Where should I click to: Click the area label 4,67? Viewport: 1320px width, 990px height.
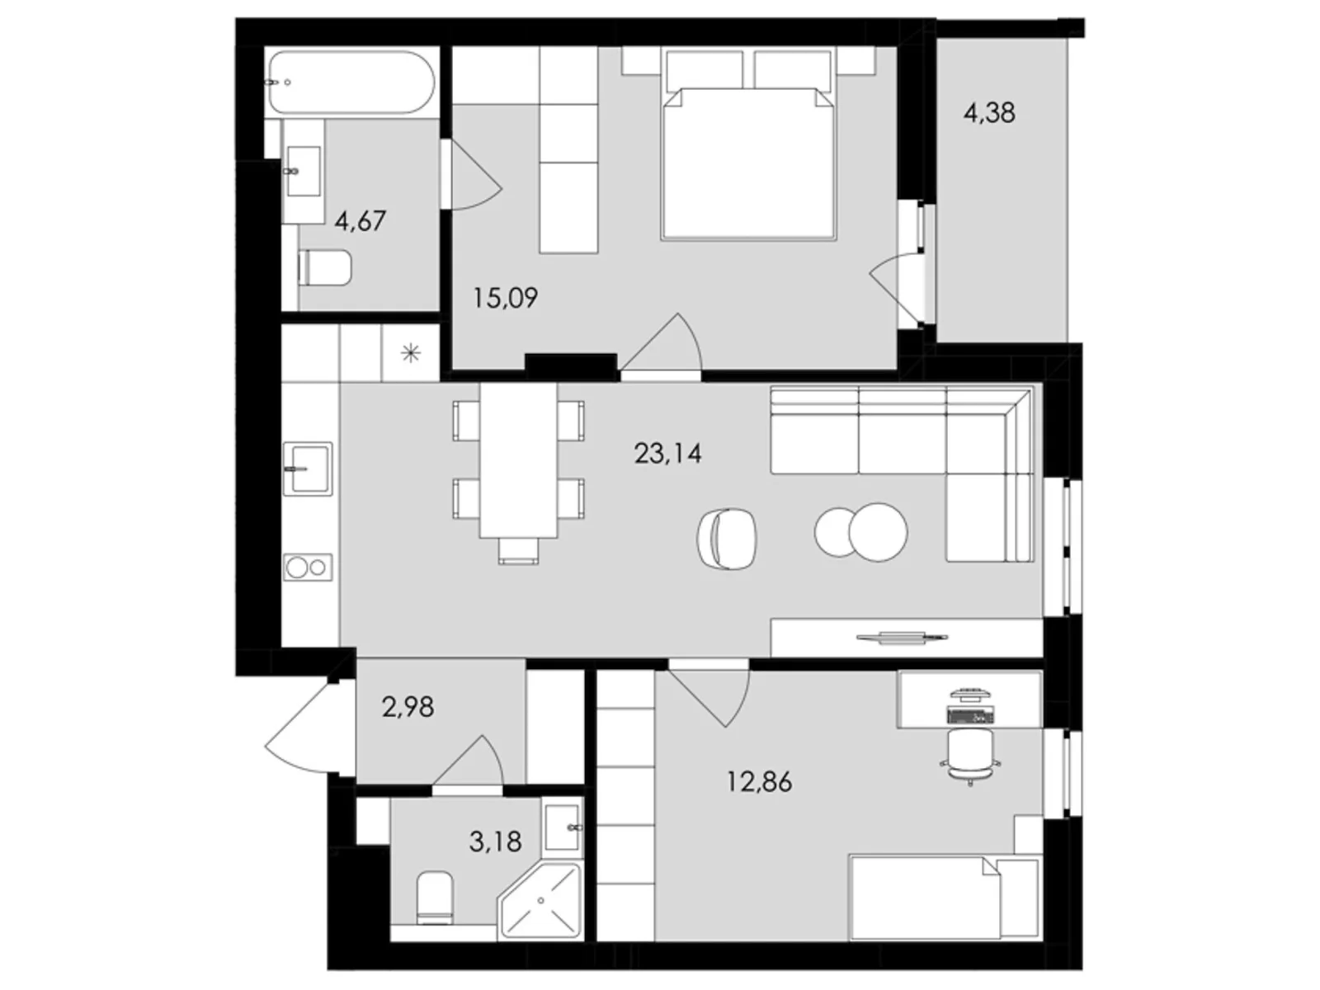360,221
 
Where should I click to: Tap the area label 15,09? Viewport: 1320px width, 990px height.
505,297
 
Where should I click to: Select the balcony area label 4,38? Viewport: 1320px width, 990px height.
989,112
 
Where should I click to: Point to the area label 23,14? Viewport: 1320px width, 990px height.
667,453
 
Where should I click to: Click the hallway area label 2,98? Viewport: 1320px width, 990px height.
408,707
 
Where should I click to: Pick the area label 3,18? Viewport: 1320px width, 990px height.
495,841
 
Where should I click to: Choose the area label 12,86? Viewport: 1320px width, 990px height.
759,780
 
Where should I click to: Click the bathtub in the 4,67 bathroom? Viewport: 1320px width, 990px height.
350,82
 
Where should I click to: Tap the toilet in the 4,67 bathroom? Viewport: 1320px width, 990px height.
325,266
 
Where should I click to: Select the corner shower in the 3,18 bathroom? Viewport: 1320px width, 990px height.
540,901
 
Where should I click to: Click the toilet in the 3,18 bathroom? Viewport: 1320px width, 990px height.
434,898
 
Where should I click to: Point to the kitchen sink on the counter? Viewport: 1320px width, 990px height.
307,469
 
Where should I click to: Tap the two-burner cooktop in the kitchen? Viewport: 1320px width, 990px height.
307,567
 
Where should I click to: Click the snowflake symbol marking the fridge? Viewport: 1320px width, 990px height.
410,355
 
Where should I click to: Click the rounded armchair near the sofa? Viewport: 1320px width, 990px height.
726,537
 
